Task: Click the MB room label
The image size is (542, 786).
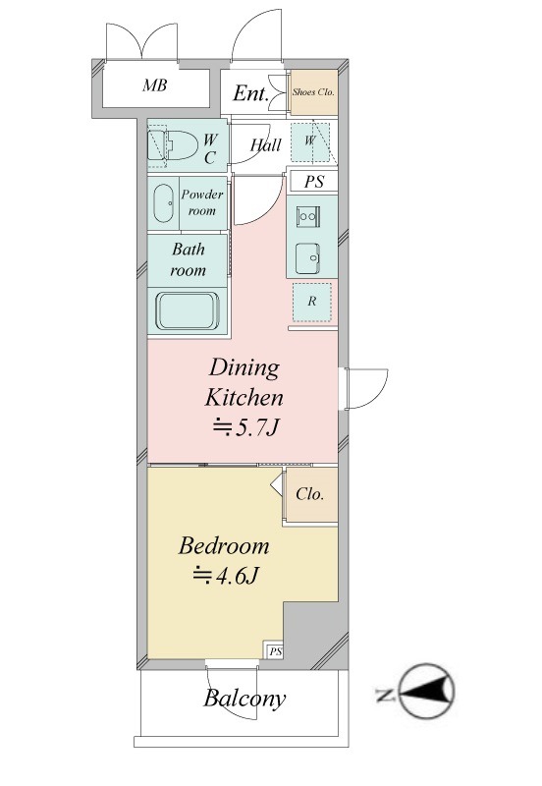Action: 155,85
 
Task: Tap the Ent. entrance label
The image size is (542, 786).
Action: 250,93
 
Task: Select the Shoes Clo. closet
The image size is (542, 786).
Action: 314,92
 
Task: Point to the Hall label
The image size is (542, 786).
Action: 265,145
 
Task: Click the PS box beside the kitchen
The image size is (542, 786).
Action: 313,182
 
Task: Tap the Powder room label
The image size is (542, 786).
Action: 202,202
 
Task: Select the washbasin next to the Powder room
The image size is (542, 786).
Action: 163,203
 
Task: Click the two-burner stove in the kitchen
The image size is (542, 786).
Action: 307,216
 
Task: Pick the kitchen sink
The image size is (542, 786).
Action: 307,258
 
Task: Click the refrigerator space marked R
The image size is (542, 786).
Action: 312,302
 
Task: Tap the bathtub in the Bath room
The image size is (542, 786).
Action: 188,310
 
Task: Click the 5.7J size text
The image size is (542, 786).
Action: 245,427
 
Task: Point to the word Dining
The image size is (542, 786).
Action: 244,368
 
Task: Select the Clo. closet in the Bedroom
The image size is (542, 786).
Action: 310,495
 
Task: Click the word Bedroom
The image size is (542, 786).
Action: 224,546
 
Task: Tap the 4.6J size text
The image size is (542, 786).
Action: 226,576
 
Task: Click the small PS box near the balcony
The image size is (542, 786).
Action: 275,651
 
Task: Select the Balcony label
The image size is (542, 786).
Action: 244,699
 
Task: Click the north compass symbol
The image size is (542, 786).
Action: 427,692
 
